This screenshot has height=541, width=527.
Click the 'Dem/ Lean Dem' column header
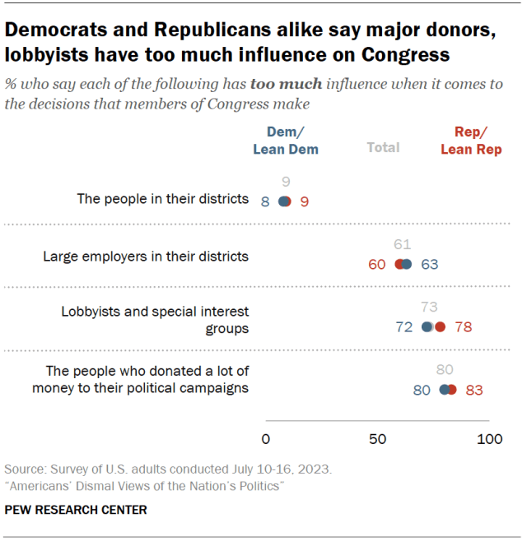click(285, 141)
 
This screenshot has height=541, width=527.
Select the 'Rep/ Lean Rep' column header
click(471, 141)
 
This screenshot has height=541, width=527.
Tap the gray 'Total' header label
click(383, 147)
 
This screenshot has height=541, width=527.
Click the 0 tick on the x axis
click(265, 439)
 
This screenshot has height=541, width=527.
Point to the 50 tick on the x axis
click(378, 439)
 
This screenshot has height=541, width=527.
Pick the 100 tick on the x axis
click(490, 439)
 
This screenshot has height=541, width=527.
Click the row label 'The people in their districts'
click(162, 198)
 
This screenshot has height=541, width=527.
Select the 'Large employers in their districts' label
click(146, 256)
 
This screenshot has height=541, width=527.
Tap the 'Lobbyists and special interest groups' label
click(155, 320)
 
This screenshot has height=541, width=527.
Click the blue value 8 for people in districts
click(265, 201)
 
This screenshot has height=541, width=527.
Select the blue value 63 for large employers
click(430, 264)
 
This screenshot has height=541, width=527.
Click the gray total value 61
click(402, 244)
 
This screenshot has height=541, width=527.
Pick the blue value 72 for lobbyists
click(404, 327)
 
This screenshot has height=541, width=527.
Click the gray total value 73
click(429, 307)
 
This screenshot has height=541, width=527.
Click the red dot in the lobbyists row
click(440, 326)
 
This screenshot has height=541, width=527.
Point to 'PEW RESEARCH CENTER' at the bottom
click(76, 510)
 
